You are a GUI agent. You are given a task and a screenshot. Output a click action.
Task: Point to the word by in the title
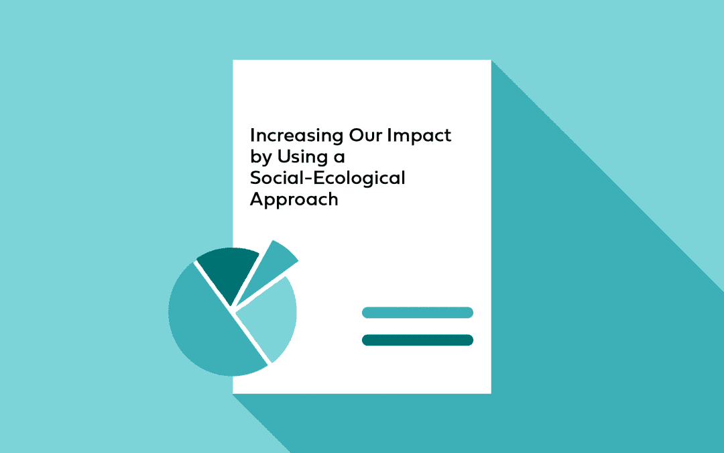click(261, 158)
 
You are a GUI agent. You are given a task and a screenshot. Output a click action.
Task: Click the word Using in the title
click(302, 158)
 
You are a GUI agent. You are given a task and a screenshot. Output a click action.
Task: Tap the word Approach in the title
click(294, 200)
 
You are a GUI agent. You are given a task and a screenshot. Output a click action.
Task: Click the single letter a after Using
click(339, 158)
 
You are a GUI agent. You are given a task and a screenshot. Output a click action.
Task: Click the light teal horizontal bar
click(418, 313)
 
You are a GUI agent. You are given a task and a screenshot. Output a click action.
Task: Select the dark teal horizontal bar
click(418, 340)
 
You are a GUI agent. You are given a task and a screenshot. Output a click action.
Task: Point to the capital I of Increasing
click(252, 136)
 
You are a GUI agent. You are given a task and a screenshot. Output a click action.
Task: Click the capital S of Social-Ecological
click(256, 178)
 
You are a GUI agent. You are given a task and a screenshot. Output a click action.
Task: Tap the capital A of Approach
click(257, 199)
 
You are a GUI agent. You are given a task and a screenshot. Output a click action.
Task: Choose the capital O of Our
click(357, 136)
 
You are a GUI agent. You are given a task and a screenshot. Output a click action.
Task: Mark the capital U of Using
click(284, 157)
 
